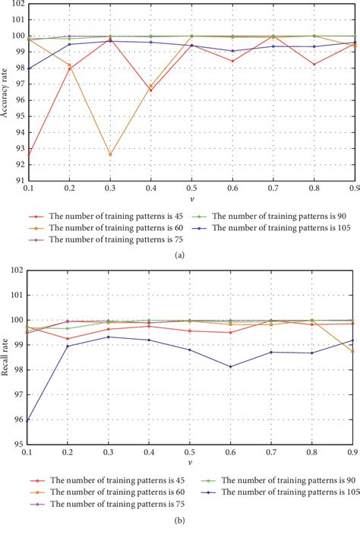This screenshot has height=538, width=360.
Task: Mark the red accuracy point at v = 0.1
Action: coord(27,156)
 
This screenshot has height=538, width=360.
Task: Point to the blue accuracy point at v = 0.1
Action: coord(27,68)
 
